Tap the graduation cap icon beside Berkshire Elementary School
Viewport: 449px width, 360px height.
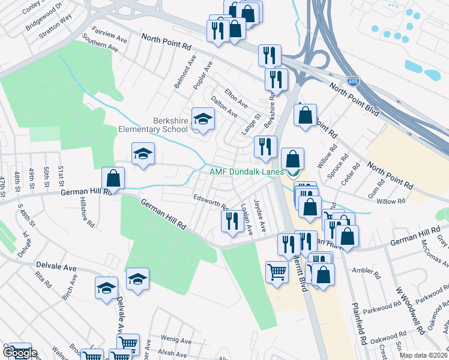203,119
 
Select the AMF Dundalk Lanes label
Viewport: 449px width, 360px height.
246,172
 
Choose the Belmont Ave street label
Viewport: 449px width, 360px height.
185,73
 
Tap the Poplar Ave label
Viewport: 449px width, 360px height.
203,76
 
